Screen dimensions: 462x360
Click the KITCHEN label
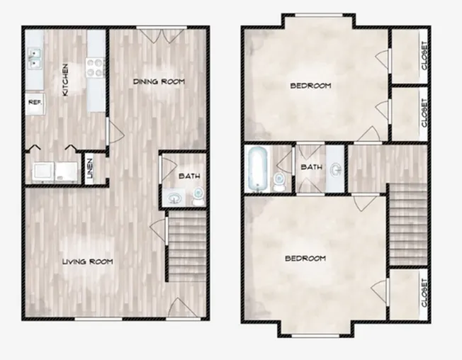pos(65,80)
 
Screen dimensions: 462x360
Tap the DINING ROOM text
pos(159,81)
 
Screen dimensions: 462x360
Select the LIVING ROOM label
pos(88,261)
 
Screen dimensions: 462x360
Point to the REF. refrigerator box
pos(35,103)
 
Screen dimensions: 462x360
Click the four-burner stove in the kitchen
pos(96,68)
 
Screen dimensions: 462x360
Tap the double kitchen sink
pos(35,58)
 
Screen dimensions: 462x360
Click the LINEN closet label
pos(90,169)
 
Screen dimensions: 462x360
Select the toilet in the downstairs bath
pos(198,196)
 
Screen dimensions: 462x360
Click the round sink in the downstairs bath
pos(174,198)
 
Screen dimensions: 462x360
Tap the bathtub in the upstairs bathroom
pos(258,169)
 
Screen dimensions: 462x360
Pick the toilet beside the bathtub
pos(278,181)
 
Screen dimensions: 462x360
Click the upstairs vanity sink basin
pos(336,170)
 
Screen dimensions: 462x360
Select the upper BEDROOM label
pos(310,86)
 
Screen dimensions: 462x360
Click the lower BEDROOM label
pos(305,259)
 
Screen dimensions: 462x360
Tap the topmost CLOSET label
pos(424,56)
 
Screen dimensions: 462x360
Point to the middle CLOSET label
pos(424,113)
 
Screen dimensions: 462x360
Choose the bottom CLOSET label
pos(424,293)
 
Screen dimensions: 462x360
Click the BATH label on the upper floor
pos(312,167)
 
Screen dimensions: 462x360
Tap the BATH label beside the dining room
pos(189,176)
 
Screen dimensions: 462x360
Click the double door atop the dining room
pos(161,35)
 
